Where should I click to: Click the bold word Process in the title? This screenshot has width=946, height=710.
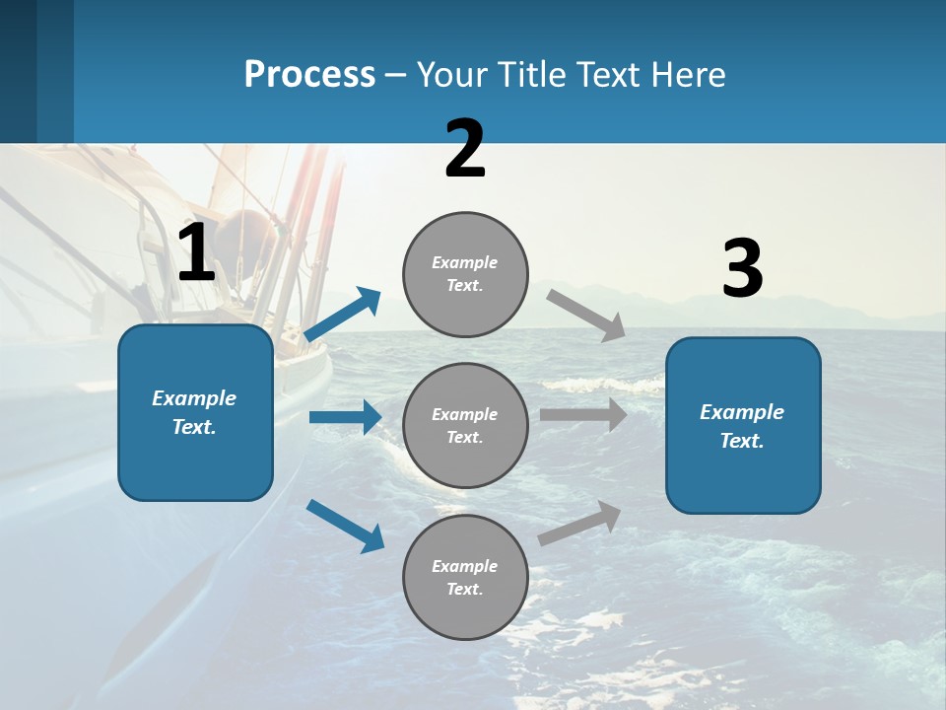pyautogui.click(x=309, y=74)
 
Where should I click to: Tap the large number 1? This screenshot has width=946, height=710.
pyautogui.click(x=196, y=253)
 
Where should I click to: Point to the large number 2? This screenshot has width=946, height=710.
pyautogui.click(x=465, y=149)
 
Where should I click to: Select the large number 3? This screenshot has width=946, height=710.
pyautogui.click(x=742, y=269)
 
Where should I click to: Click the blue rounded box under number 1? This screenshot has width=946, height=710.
pyautogui.click(x=195, y=463)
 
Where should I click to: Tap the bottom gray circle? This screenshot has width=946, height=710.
pyautogui.click(x=465, y=616)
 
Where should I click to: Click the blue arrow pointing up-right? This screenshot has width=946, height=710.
pyautogui.click(x=342, y=315)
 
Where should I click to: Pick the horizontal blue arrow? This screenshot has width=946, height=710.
pyautogui.click(x=345, y=417)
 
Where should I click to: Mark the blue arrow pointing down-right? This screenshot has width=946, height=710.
pyautogui.click(x=345, y=526)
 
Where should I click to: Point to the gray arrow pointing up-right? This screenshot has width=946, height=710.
pyautogui.click(x=579, y=523)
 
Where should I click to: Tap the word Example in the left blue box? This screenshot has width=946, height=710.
pyautogui.click(x=194, y=398)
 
